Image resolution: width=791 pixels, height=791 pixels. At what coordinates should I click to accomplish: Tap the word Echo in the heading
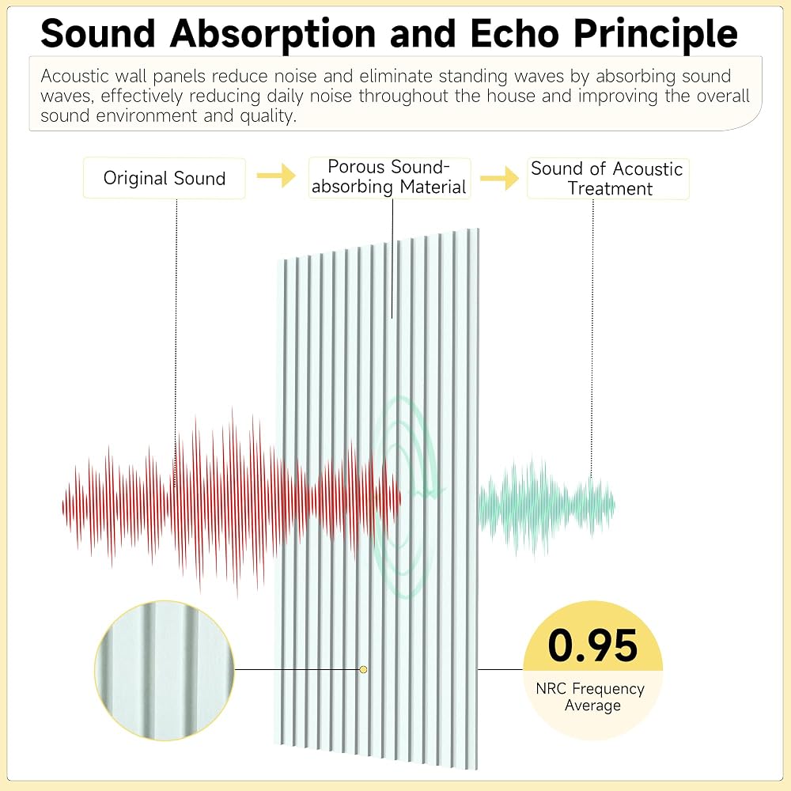pyautogui.click(x=515, y=34)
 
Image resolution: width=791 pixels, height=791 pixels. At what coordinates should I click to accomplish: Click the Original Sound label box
pyautogui.click(x=165, y=178)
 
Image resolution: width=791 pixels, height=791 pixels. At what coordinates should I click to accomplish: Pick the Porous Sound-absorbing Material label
pyautogui.click(x=389, y=177)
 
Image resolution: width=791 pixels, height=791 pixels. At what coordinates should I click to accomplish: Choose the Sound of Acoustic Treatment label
pyautogui.click(x=607, y=179)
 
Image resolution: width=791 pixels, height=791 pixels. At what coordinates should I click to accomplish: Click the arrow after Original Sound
pyautogui.click(x=276, y=176)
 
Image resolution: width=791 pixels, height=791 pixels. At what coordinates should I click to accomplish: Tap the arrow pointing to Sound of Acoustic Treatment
pyautogui.click(x=499, y=178)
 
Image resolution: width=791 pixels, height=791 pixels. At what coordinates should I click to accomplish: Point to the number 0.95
pyautogui.click(x=592, y=645)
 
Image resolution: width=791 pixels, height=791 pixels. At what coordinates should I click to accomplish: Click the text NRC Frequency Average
pyautogui.click(x=591, y=697)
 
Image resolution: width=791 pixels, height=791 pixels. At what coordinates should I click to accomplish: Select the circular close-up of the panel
pyautogui.click(x=164, y=671)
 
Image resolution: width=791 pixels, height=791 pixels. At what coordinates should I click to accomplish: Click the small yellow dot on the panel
pyautogui.click(x=363, y=669)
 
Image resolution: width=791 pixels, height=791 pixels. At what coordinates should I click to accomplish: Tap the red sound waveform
pyautogui.click(x=232, y=502)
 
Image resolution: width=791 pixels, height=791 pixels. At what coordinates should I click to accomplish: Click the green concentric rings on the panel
pyautogui.click(x=407, y=497)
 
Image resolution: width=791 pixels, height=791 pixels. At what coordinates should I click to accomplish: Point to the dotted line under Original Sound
pyautogui.click(x=176, y=343)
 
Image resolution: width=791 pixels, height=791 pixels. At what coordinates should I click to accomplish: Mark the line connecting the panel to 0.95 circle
pyautogui.click(x=500, y=669)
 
